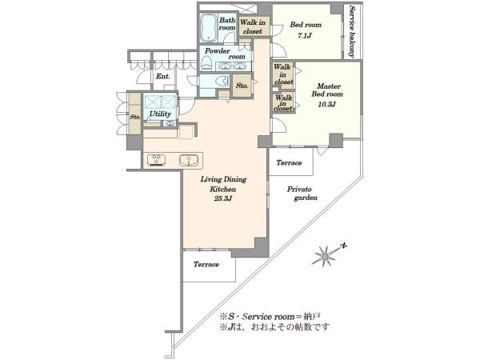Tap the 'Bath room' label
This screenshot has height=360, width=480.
tap(227, 24)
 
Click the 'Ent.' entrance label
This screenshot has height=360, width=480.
tap(162, 77)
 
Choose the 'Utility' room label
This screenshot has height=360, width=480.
tap(159, 115)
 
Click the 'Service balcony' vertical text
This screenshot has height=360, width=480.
tap(351, 31)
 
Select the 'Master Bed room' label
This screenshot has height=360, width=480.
tap(329, 90)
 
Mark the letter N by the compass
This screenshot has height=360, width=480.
tap(342, 246)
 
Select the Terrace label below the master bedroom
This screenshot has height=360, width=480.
tap(289, 163)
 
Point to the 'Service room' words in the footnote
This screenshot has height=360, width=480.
tap(262, 315)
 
